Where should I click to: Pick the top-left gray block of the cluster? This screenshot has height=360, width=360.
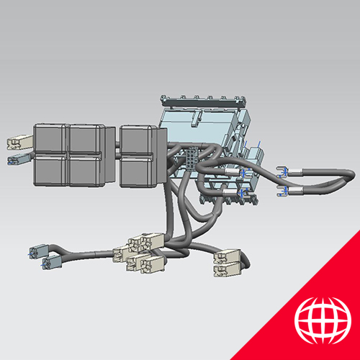tap(50, 138)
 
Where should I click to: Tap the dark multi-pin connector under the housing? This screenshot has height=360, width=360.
tap(191, 158)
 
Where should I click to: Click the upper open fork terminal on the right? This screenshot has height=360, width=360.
tap(282, 171)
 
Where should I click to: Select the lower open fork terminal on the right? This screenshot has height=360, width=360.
tap(283, 190)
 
